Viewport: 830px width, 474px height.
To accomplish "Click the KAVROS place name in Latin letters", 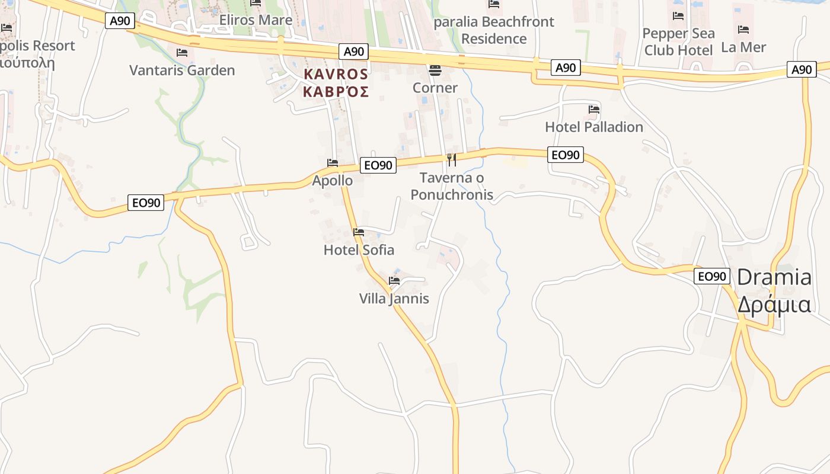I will click(x=336, y=75).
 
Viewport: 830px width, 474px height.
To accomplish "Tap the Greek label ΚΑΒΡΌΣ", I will click(x=336, y=92).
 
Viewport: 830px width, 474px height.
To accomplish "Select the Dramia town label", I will click(x=774, y=277).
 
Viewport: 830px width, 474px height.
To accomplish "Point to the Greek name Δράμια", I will click(x=774, y=304).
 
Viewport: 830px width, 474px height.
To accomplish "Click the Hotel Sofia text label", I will click(x=359, y=250).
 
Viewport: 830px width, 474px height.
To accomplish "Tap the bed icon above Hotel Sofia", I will click(x=359, y=232).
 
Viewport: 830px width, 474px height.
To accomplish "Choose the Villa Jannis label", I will click(x=394, y=299).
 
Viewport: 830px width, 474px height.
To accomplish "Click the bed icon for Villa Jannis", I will click(x=394, y=281).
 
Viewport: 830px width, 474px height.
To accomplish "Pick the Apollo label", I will click(x=332, y=181).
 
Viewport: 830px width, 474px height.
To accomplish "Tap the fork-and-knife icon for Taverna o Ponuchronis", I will click(x=452, y=159).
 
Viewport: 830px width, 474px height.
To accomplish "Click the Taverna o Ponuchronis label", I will click(x=452, y=186).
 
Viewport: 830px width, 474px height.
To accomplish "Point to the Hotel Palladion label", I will click(x=593, y=127).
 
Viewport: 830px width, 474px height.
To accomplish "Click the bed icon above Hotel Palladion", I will click(x=594, y=110).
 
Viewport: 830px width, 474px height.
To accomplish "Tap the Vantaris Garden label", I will click(x=182, y=71).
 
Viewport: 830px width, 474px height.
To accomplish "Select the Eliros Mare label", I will click(x=256, y=20).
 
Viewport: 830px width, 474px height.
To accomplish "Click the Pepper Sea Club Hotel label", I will click(x=678, y=41).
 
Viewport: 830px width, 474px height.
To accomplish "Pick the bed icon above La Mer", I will click(x=743, y=30).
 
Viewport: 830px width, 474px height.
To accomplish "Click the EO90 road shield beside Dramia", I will click(x=711, y=276).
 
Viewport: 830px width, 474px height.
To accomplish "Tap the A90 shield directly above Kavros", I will click(x=354, y=52).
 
